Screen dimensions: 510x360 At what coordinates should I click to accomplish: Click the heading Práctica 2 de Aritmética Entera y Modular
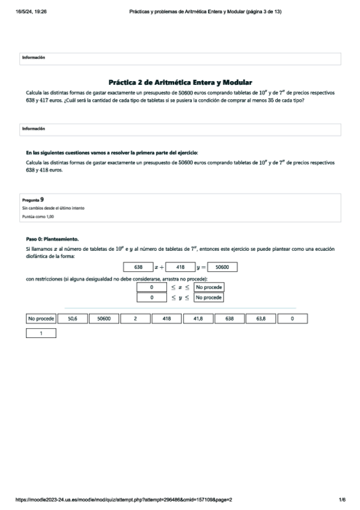[180, 82]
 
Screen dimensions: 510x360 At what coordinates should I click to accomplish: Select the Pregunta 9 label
[32, 198]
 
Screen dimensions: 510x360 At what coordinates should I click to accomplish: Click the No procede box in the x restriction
[209, 287]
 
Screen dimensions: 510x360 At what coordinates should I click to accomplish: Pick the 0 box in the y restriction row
[153, 297]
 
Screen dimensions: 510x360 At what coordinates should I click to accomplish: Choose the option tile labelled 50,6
[72, 319]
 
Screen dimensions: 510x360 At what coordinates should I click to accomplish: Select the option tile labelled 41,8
[198, 319]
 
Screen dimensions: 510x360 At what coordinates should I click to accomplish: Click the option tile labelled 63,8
[261, 319]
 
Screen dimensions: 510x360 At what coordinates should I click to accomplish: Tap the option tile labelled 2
[135, 319]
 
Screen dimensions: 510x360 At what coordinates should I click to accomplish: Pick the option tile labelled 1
[41, 333]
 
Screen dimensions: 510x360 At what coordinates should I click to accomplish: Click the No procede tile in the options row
[41, 319]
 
